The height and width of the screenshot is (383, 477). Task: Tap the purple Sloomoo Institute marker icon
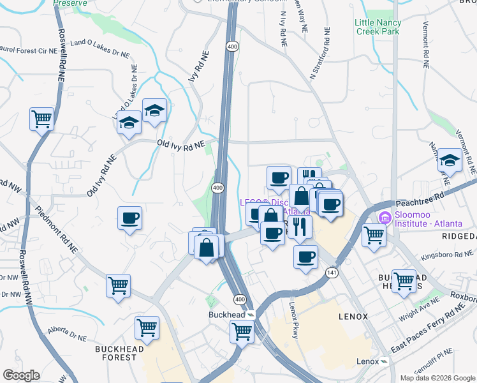click(x=384, y=218)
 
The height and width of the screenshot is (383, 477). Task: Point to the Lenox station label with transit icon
click(x=372, y=361)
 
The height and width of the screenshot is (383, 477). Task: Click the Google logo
click(x=21, y=375)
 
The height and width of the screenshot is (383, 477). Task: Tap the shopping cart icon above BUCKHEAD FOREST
click(x=147, y=328)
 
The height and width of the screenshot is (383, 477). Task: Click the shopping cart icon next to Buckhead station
click(x=242, y=330)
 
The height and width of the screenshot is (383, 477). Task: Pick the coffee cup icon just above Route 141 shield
click(x=305, y=257)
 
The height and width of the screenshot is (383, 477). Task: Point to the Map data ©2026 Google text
click(x=437, y=378)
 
